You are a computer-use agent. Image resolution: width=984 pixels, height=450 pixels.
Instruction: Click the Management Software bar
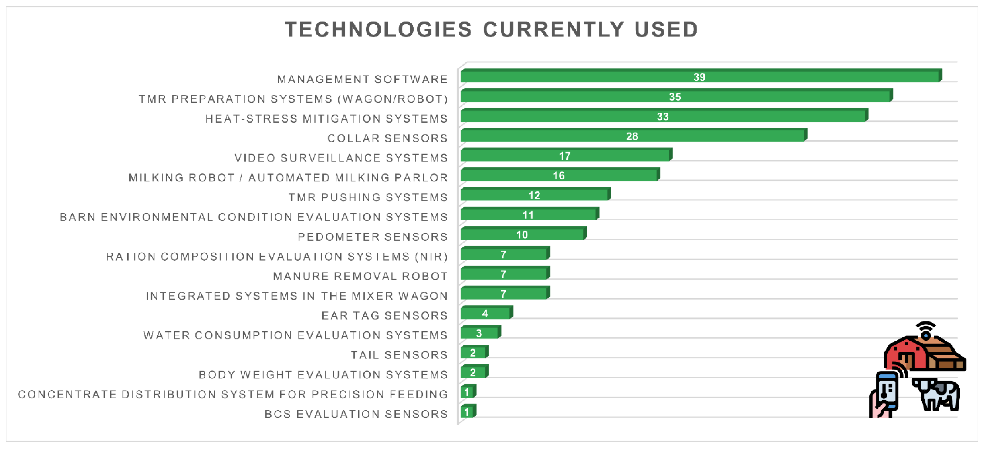point(701,76)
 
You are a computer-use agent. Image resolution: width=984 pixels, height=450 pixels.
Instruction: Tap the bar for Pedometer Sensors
point(523,233)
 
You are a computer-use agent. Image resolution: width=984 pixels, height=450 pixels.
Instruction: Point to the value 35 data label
point(675,97)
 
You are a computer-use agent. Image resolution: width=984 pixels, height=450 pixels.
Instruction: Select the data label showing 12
point(534,195)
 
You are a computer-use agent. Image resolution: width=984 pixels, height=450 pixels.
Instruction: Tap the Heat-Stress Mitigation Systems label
point(327,119)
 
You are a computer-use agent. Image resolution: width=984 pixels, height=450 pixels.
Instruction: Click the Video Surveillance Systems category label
point(341,158)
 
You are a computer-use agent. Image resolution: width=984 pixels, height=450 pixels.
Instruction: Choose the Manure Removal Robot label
point(361,276)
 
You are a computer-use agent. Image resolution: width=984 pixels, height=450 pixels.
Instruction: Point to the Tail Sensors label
point(399,355)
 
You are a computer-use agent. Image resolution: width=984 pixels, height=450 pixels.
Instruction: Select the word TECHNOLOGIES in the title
point(378,30)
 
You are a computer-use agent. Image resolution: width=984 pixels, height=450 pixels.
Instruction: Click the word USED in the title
point(667,30)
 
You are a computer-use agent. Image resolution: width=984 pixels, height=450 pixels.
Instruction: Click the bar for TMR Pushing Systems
point(535,194)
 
